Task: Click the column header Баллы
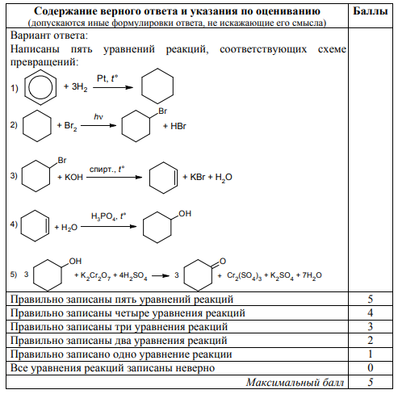pyautogui.click(x=370, y=11)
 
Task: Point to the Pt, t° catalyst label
pyautogui.click(x=107, y=78)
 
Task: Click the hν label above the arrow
pyautogui.click(x=98, y=116)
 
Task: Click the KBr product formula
pyautogui.click(x=198, y=177)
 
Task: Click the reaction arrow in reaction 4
pyautogui.click(x=109, y=226)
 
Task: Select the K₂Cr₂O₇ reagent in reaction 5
pyautogui.click(x=95, y=275)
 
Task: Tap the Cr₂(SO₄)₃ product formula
pyautogui.click(x=244, y=275)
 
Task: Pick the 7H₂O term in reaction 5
pyautogui.click(x=312, y=275)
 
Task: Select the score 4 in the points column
pyautogui.click(x=371, y=312)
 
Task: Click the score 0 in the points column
pyautogui.click(x=371, y=367)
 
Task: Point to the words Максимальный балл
pyautogui.click(x=295, y=382)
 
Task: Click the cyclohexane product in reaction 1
pyautogui.click(x=141, y=86)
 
